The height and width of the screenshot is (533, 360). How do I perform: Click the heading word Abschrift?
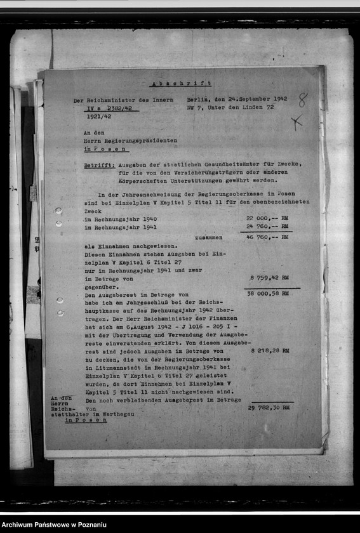pyautogui.click(x=181, y=84)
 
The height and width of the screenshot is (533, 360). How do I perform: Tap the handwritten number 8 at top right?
pyautogui.click(x=302, y=100)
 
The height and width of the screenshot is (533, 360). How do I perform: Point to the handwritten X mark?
pyautogui.click(x=297, y=122)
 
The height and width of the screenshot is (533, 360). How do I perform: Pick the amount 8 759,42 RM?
pyautogui.click(x=269, y=277)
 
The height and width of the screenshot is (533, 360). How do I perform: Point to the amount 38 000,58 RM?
pyautogui.click(x=269, y=293)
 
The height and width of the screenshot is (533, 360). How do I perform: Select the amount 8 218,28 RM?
pyautogui.click(x=269, y=350)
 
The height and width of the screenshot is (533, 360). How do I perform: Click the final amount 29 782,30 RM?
pyautogui.click(x=269, y=407)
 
